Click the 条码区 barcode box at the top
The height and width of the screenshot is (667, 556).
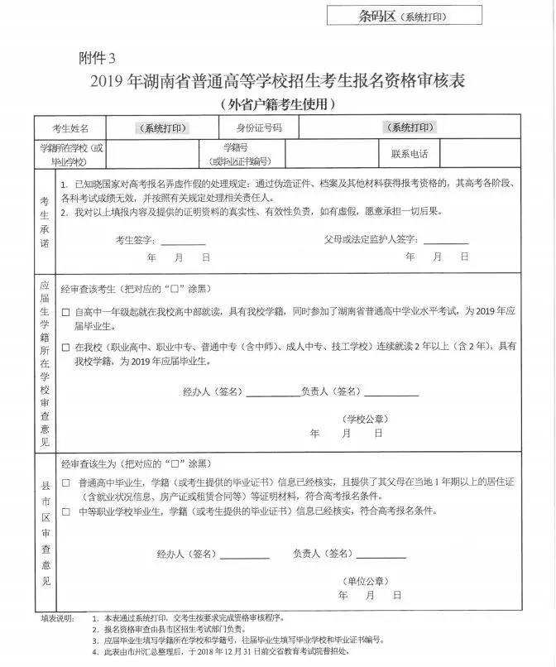coord(403,16)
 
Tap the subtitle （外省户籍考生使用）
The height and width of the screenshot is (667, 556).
coord(279,104)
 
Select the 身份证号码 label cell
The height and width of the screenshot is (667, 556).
coord(260,128)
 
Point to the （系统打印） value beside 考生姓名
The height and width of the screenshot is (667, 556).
coord(162,128)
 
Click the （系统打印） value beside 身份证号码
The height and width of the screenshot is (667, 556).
coord(409,127)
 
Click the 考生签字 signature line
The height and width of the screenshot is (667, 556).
coord(183,242)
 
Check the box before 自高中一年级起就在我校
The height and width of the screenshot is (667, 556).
coord(66,313)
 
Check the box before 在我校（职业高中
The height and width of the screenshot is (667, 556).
coord(66,347)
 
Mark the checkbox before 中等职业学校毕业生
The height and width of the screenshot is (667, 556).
coord(66,511)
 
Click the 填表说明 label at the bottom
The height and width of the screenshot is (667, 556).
coord(56,618)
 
